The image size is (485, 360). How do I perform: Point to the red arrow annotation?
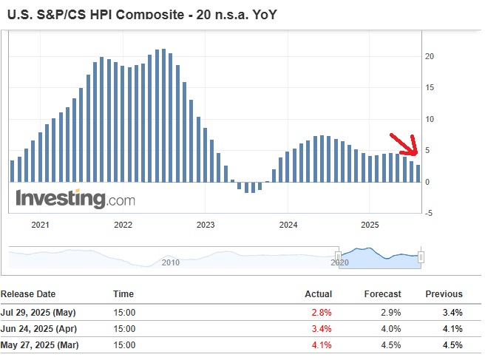pos(404,145)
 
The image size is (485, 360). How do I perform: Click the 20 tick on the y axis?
pos(429,56)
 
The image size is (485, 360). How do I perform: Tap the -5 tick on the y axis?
pos(429,214)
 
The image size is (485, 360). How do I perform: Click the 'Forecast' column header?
pos(382,293)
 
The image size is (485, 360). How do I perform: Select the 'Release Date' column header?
pos(28,293)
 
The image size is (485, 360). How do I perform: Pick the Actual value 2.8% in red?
pos(322,312)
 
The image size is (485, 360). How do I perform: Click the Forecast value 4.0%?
pos(391,328)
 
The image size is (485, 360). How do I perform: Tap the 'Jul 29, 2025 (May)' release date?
pos(38,312)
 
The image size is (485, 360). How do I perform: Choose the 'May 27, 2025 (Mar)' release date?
pos(39,344)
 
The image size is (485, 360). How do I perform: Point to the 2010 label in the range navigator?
pos(170,262)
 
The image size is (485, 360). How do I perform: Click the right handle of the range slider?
pos(421,257)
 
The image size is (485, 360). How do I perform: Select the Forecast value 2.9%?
pos(391,312)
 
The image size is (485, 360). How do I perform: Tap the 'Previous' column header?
pos(444,293)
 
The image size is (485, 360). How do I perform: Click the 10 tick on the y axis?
pos(429,119)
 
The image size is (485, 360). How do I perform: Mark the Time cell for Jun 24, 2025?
pos(124,328)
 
